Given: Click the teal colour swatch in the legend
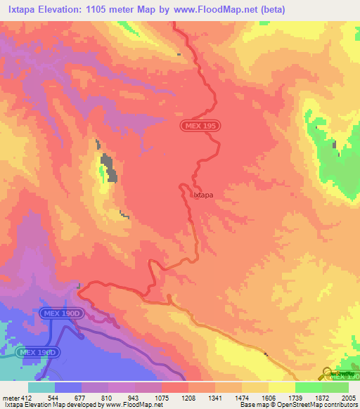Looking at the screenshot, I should click(41, 387).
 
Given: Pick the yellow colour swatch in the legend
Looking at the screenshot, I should click(281, 387).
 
